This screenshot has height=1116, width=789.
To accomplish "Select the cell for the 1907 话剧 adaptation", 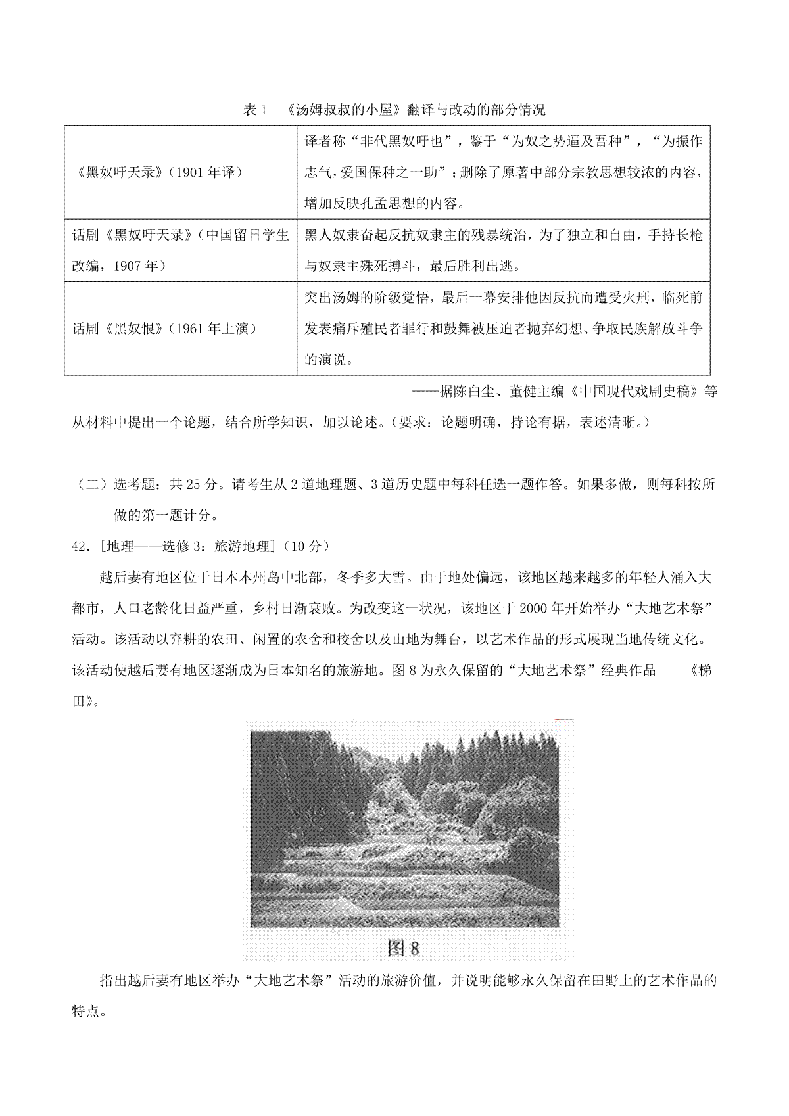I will coord(181,250).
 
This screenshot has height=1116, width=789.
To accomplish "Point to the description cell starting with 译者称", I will coord(504,172).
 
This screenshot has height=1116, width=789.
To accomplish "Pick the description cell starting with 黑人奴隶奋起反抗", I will coord(504,250).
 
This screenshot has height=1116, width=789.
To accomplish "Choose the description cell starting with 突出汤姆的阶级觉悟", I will coord(504,329).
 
